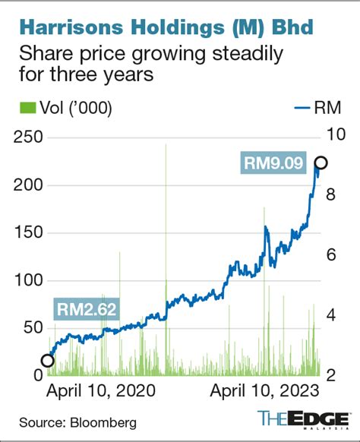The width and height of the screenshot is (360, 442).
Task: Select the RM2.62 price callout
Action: click(85, 308)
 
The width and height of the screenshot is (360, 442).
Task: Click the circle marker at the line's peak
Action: click(321, 163)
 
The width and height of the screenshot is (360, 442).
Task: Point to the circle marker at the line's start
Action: click(47, 361)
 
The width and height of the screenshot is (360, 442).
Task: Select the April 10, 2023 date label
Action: click(264, 390)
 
